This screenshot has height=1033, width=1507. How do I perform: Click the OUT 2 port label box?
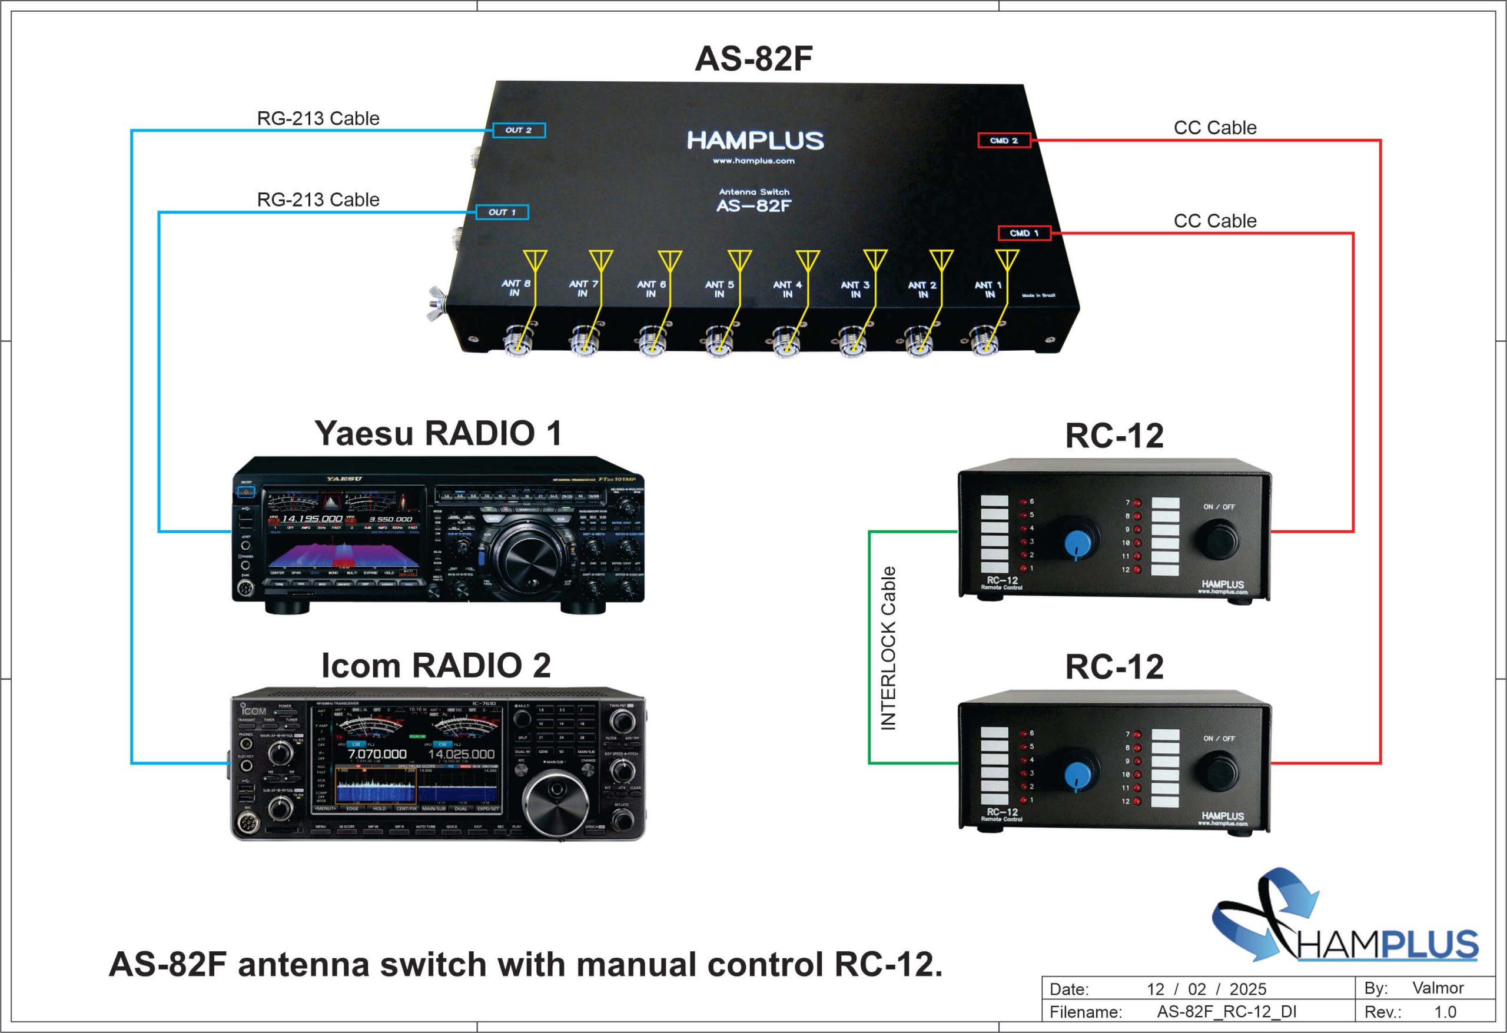[x=519, y=130]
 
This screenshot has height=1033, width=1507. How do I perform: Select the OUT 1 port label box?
[x=502, y=212]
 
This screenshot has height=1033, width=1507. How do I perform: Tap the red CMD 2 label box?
[x=1004, y=140]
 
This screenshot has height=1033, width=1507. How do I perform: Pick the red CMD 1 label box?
[x=1024, y=233]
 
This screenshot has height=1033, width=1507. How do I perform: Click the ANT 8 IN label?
[x=516, y=288]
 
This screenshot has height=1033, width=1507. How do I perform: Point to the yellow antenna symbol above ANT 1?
[x=1007, y=261]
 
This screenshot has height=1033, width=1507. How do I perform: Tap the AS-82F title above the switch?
[x=753, y=58]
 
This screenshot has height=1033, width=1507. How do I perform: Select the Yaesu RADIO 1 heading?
[x=438, y=433]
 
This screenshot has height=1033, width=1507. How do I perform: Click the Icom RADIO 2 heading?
[x=436, y=665]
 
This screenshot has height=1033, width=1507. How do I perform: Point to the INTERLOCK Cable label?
[x=888, y=648]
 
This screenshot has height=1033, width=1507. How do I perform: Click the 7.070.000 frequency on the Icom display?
[x=377, y=754]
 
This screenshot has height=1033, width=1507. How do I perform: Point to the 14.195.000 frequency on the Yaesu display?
[x=311, y=519]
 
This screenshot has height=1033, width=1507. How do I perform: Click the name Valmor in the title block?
[x=1438, y=988]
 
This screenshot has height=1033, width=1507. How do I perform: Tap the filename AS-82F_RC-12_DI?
[x=1226, y=1012]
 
